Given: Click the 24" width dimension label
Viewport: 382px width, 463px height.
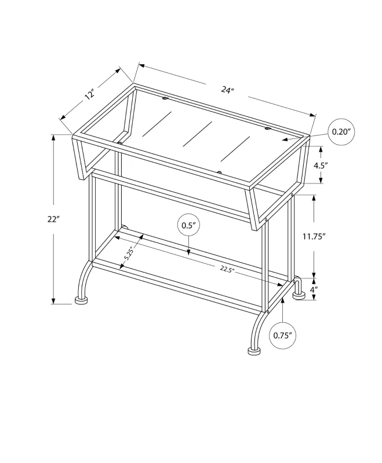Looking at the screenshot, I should coord(228,90).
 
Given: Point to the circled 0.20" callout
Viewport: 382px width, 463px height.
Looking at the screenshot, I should coord(342,131).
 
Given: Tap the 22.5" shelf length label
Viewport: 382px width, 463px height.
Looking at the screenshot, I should coord(227,269).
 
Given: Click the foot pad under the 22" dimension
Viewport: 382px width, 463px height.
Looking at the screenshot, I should coord(82,301).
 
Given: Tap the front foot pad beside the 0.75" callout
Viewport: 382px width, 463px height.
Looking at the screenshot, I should coord(253,351).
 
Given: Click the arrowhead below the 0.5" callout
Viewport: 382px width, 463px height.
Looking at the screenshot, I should coord(189,251).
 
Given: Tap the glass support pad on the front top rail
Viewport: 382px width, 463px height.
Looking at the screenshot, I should coord(219,172).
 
